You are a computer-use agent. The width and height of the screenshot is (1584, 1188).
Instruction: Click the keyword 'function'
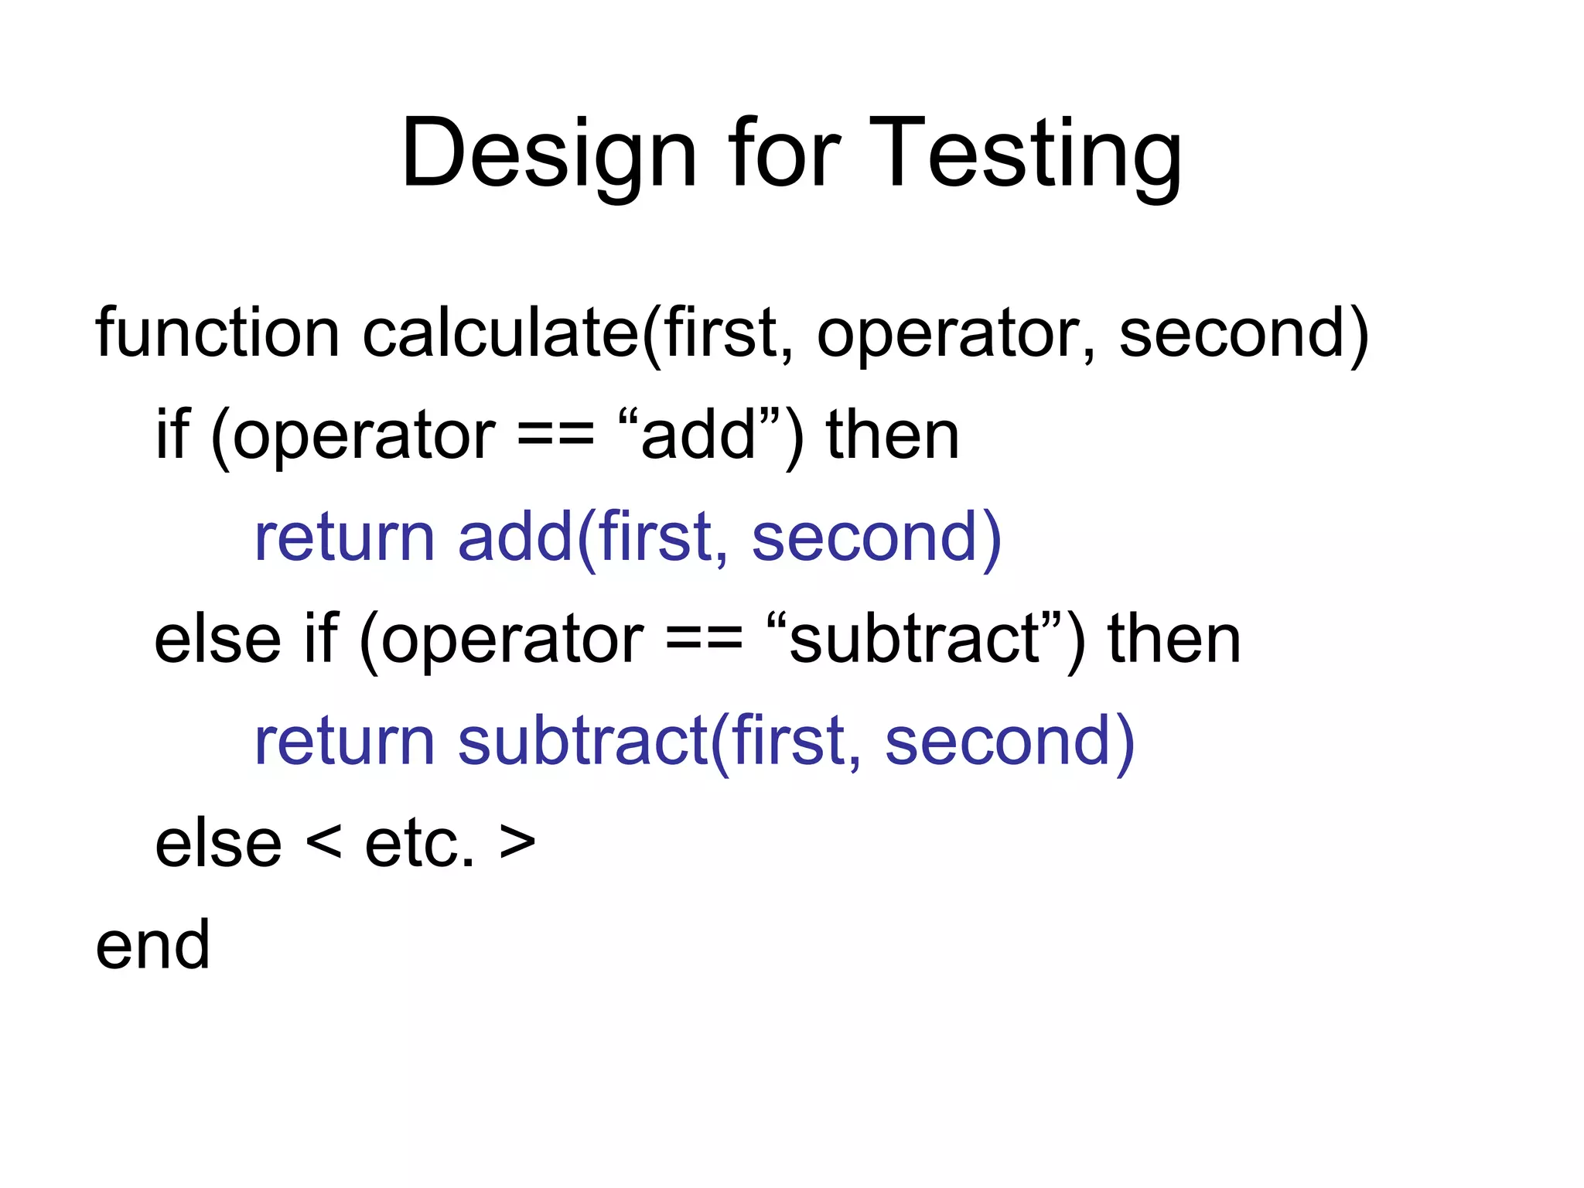click(217, 333)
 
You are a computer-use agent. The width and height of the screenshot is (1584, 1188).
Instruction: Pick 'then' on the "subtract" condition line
click(1174, 639)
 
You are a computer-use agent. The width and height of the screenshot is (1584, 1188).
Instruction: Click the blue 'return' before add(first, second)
click(344, 537)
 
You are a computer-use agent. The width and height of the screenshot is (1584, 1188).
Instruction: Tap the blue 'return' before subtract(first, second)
click(344, 741)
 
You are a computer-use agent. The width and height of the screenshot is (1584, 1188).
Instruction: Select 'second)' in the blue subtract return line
click(1009, 741)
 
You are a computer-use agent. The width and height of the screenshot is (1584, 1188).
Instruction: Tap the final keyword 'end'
click(152, 945)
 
